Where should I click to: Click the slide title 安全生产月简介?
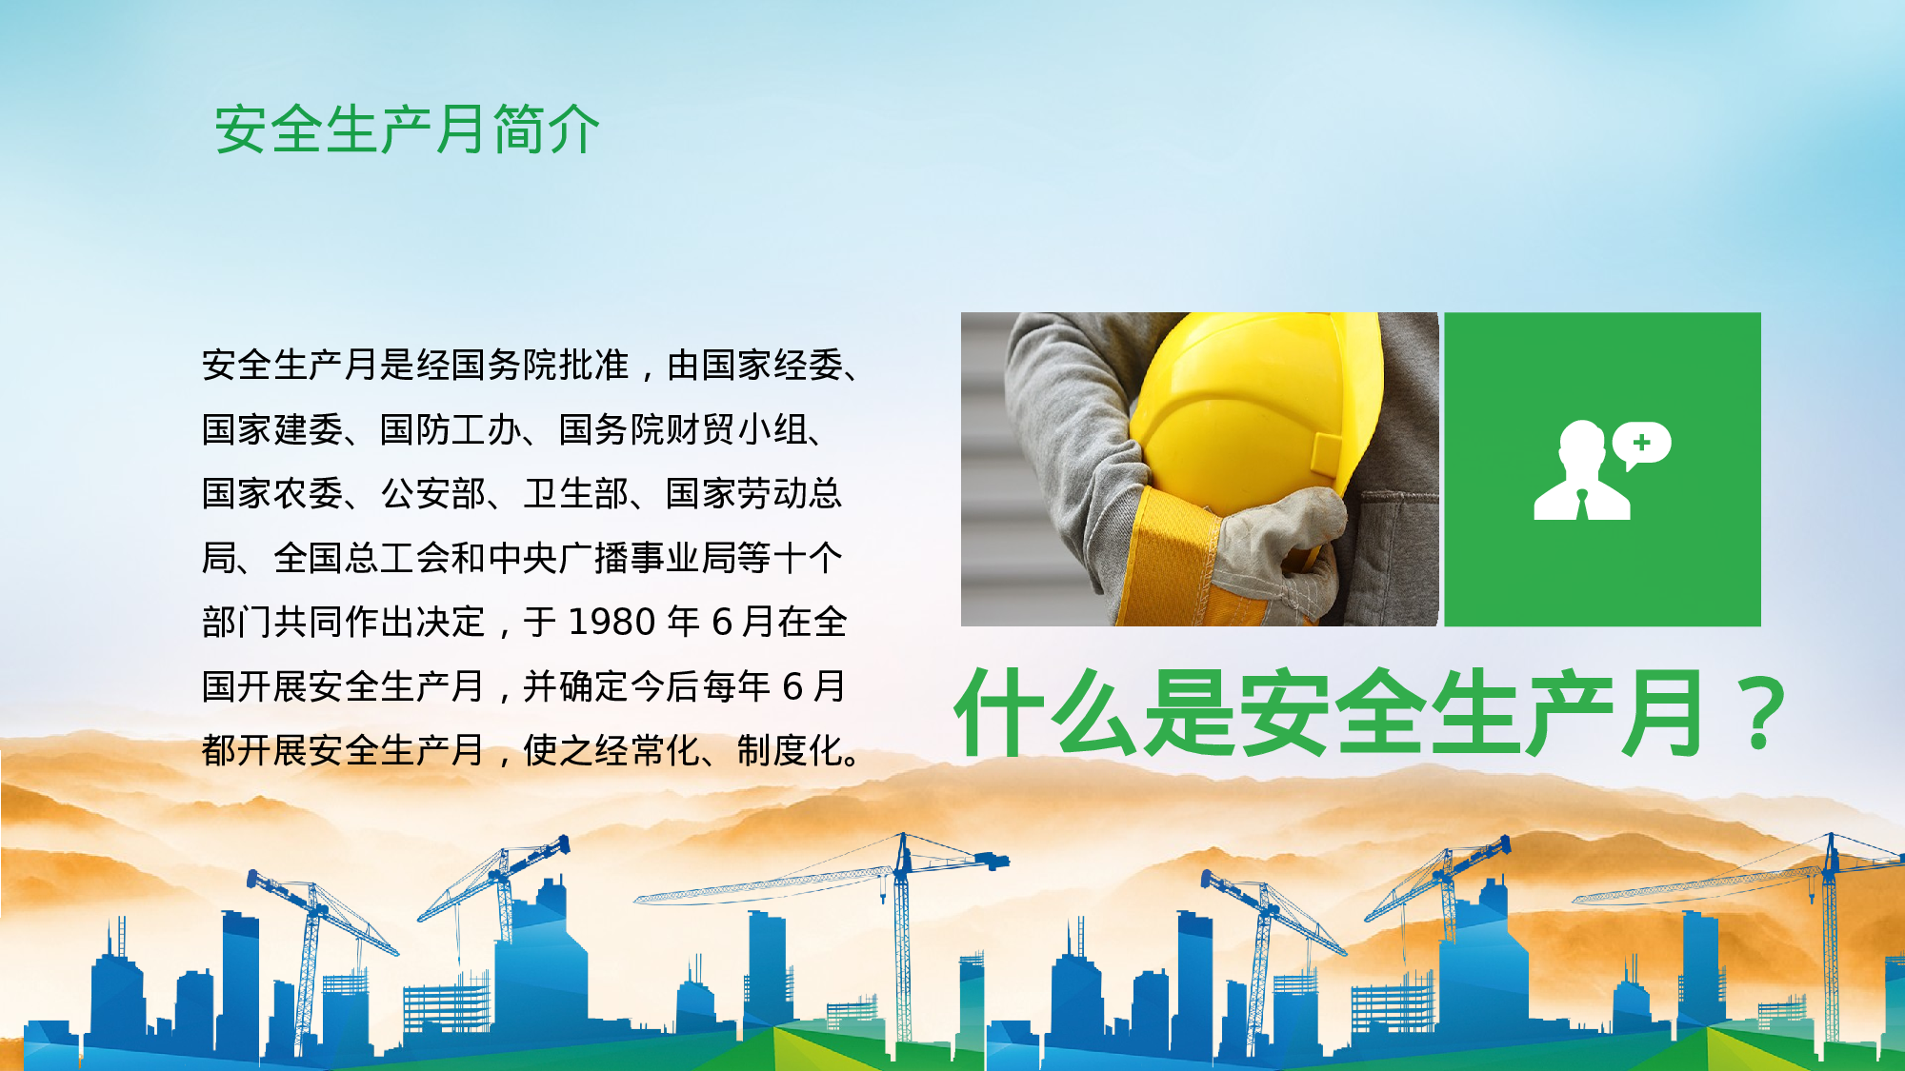[407, 129]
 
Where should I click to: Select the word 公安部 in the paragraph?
[433, 494]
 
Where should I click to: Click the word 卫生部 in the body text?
[576, 494]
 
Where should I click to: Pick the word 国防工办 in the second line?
[451, 430]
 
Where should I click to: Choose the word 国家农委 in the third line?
[272, 494]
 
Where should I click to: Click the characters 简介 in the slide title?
[546, 129]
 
